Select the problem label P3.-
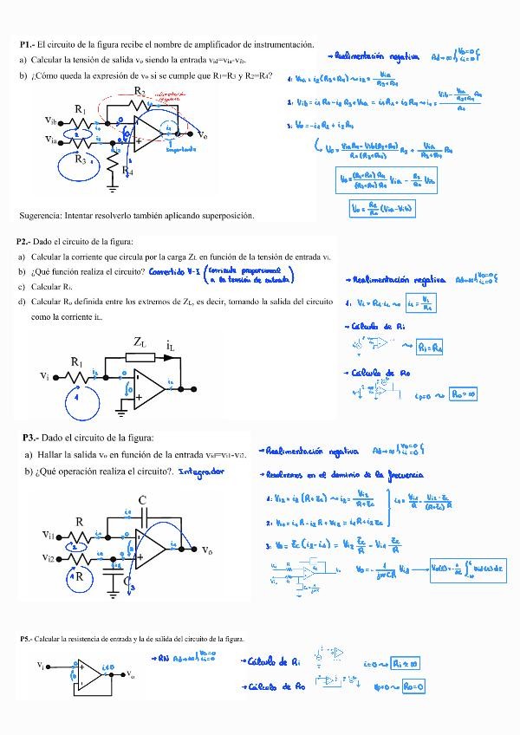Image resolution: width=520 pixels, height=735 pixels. pos(30,439)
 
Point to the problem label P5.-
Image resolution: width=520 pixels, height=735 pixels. pos(27,639)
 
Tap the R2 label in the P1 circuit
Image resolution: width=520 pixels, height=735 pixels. pos(140,91)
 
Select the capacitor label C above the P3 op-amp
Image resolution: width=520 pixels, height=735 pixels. pos(142,500)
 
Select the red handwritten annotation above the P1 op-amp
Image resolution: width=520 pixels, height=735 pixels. pos(172,97)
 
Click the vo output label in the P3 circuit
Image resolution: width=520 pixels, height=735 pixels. pos(207,550)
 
